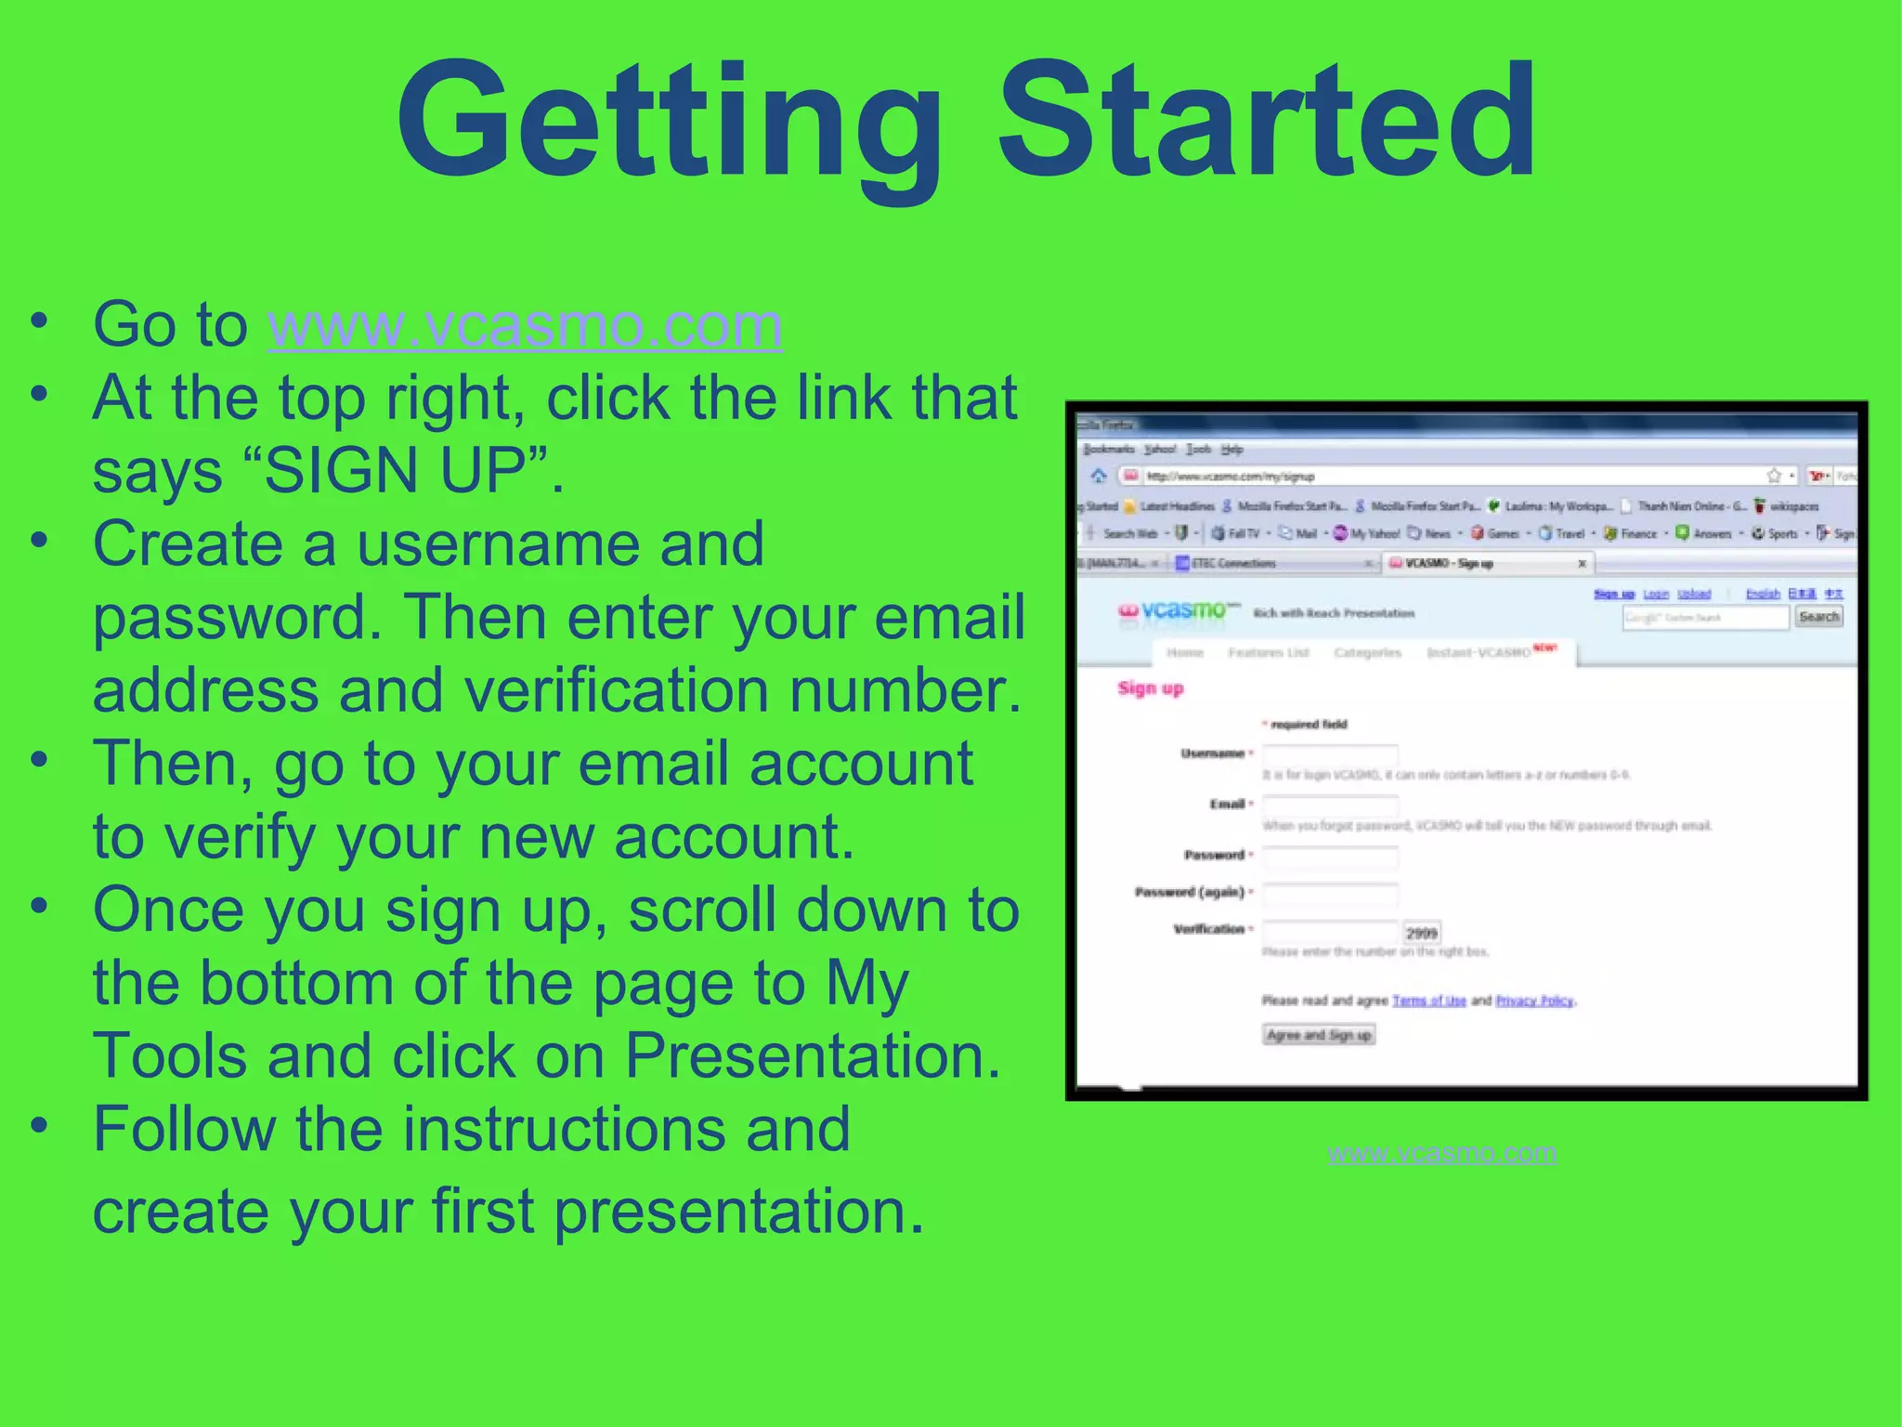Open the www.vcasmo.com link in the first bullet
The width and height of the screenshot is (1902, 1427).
coord(525,325)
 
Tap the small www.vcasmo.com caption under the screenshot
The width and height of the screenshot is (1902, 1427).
coord(1442,1153)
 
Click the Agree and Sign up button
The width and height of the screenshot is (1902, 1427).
coord(1319,1035)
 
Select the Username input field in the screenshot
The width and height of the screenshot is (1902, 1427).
coord(1330,753)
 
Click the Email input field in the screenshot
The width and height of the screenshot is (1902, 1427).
coord(1330,805)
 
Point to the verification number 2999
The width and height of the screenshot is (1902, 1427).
coord(1421,933)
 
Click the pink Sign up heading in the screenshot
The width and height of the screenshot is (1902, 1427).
coord(1151,688)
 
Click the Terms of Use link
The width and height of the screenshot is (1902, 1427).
coord(1428,1001)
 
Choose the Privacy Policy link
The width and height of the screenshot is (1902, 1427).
coord(1534,1001)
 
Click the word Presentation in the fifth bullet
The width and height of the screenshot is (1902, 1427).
coord(812,1056)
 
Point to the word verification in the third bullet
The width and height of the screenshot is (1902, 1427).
coord(616,691)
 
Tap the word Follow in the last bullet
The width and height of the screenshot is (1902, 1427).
coord(184,1130)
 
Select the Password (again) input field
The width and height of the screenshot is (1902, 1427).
coord(1330,894)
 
